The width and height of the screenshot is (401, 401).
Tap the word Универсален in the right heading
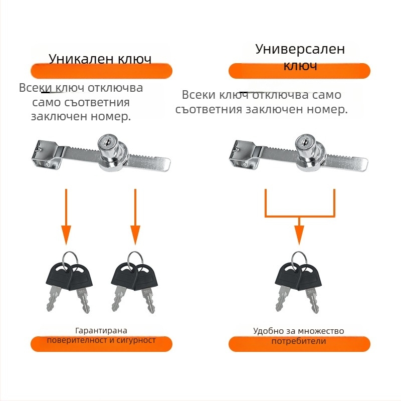(x=300, y=49)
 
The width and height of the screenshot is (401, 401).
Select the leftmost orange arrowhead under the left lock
(x=66, y=235)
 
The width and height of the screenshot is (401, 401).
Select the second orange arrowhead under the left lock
(x=135, y=235)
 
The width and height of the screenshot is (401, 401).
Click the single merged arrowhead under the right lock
(x=299, y=235)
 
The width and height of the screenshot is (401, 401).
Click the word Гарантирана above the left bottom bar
(x=101, y=331)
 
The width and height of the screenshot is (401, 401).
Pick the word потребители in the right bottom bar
(x=299, y=341)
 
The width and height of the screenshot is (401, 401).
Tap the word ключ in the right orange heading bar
(x=300, y=66)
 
